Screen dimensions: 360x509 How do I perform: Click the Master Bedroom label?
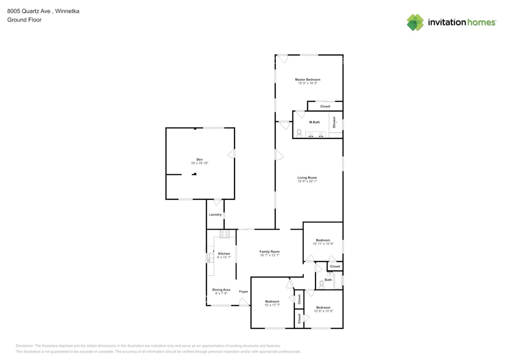tap(307, 80)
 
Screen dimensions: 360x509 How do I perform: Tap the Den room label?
tap(199, 160)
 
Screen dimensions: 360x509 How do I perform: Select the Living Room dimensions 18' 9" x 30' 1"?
tap(307, 181)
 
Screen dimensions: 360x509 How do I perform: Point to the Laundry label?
tap(215, 215)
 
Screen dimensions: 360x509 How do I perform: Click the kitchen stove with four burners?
tap(224, 234)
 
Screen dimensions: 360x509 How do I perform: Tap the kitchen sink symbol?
tap(210, 258)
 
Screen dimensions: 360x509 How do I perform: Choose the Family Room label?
tap(269, 252)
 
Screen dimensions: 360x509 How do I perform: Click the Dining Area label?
tap(221, 290)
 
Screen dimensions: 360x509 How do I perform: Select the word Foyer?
tap(243, 292)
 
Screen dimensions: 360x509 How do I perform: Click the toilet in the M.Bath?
tap(299, 134)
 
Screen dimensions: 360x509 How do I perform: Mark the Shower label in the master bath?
tap(334, 122)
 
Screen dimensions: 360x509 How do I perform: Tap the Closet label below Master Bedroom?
tap(325, 106)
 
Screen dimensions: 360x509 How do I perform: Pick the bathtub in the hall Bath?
tap(338, 280)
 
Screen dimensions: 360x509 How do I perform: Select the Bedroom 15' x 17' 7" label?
tap(272, 302)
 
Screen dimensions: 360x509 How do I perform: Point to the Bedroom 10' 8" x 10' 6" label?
tap(323, 308)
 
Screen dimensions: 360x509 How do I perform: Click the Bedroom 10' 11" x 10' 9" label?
tap(323, 241)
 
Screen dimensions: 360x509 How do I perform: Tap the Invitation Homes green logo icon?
tap(415, 23)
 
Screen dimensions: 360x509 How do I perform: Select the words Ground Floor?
tap(24, 20)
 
